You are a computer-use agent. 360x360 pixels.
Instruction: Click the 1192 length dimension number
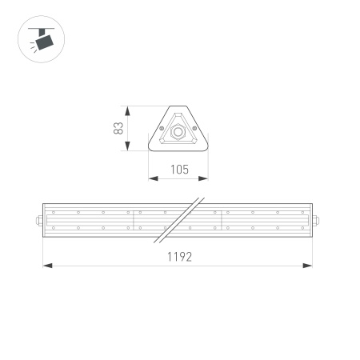pos(178,258)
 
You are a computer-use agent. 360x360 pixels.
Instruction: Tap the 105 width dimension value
pos(179,169)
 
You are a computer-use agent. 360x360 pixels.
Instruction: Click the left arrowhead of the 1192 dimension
pos(47,266)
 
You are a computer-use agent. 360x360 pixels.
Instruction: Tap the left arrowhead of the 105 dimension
pos(152,177)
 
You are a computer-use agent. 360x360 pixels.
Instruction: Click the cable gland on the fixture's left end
pos(39,219)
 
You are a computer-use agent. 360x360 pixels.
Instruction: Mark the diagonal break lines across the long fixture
pos(180,219)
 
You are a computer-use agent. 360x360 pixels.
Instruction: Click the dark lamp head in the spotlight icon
pos(45,41)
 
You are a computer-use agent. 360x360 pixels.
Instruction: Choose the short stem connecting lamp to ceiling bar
pos(39,33)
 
